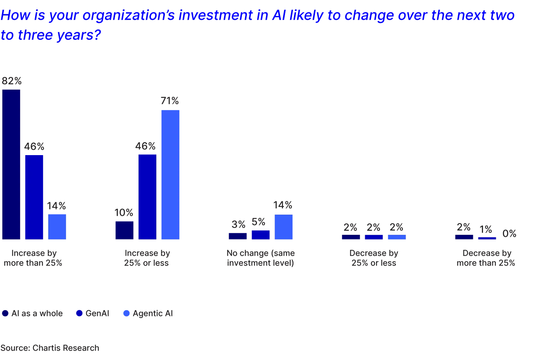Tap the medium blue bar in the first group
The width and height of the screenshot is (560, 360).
point(34,197)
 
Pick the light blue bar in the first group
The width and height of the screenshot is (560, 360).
point(57,225)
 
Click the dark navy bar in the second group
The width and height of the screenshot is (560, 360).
point(124,230)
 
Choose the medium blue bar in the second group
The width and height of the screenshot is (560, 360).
point(147,196)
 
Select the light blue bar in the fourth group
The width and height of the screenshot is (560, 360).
point(396,236)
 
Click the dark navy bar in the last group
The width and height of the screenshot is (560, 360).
point(464,237)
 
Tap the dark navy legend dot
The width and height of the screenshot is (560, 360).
point(5,313)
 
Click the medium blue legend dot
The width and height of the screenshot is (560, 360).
point(79,313)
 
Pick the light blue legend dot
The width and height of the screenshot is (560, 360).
point(126,313)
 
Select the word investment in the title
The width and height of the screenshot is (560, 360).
point(215,16)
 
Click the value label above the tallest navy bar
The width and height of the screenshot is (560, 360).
point(11,81)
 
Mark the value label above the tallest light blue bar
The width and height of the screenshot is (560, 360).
point(170,101)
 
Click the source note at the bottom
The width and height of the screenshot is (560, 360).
point(50,347)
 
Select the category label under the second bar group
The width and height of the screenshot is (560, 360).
point(147,258)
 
